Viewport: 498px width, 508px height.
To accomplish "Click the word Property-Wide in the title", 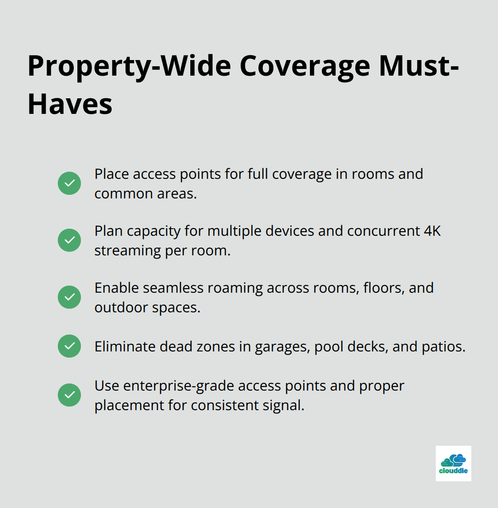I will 129,66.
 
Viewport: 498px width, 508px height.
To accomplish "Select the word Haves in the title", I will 70,105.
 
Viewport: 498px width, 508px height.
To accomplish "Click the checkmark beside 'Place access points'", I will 69,183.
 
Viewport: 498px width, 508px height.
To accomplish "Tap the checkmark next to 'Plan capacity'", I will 69,240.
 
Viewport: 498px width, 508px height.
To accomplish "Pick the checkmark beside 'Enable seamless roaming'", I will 69,297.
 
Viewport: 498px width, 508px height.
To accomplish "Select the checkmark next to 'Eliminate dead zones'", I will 69,346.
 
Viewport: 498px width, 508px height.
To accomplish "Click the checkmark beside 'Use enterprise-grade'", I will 69,395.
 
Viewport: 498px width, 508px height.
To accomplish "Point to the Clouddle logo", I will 453,464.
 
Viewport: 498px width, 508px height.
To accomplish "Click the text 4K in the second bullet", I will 432,231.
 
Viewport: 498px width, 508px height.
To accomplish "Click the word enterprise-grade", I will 179,386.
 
